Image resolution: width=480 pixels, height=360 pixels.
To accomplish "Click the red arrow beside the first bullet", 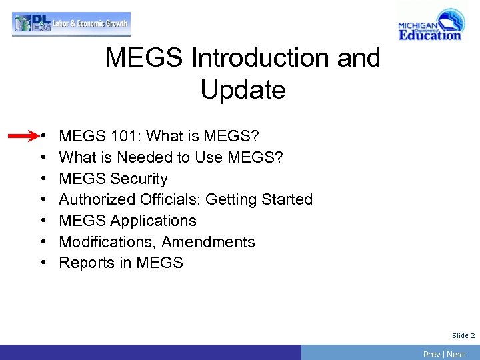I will click(x=23, y=137).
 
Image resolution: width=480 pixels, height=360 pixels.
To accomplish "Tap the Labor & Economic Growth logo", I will click(x=71, y=24).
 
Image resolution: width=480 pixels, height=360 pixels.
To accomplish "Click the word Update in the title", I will click(x=243, y=89).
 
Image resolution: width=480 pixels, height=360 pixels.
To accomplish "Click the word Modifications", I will click(x=107, y=242).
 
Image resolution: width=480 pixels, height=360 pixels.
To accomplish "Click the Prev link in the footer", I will click(x=431, y=354).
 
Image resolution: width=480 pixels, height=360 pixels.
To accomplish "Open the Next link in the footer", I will click(x=456, y=354).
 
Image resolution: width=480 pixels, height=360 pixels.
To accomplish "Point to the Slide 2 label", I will click(x=463, y=335).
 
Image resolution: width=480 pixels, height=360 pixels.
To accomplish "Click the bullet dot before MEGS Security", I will click(x=43, y=179).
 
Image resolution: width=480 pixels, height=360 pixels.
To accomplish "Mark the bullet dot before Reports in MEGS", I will click(x=43, y=263).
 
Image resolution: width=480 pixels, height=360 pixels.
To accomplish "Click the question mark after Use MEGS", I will click(x=279, y=157).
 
